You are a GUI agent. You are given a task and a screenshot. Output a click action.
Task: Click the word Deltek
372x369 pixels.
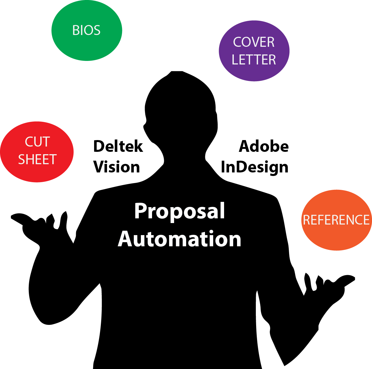click(118, 147)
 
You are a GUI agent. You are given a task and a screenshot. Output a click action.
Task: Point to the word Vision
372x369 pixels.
click(117, 167)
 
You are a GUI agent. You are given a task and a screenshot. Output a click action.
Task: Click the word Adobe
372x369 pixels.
click(264, 147)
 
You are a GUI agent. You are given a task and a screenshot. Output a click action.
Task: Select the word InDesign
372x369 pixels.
click(255, 167)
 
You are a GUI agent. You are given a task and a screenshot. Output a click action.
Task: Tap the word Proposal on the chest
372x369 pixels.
click(180, 211)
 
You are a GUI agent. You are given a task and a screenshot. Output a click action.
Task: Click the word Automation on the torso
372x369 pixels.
click(180, 239)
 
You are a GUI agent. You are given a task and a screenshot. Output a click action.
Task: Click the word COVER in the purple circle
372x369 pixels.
click(254, 42)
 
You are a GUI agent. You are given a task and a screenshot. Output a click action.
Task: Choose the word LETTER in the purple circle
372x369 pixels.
click(254, 60)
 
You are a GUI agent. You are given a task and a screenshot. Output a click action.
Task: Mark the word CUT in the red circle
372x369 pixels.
click(37, 142)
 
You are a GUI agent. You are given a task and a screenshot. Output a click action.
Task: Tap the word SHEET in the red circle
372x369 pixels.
click(37, 159)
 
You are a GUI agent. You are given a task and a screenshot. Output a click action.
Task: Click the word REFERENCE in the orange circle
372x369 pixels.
click(336, 220)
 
